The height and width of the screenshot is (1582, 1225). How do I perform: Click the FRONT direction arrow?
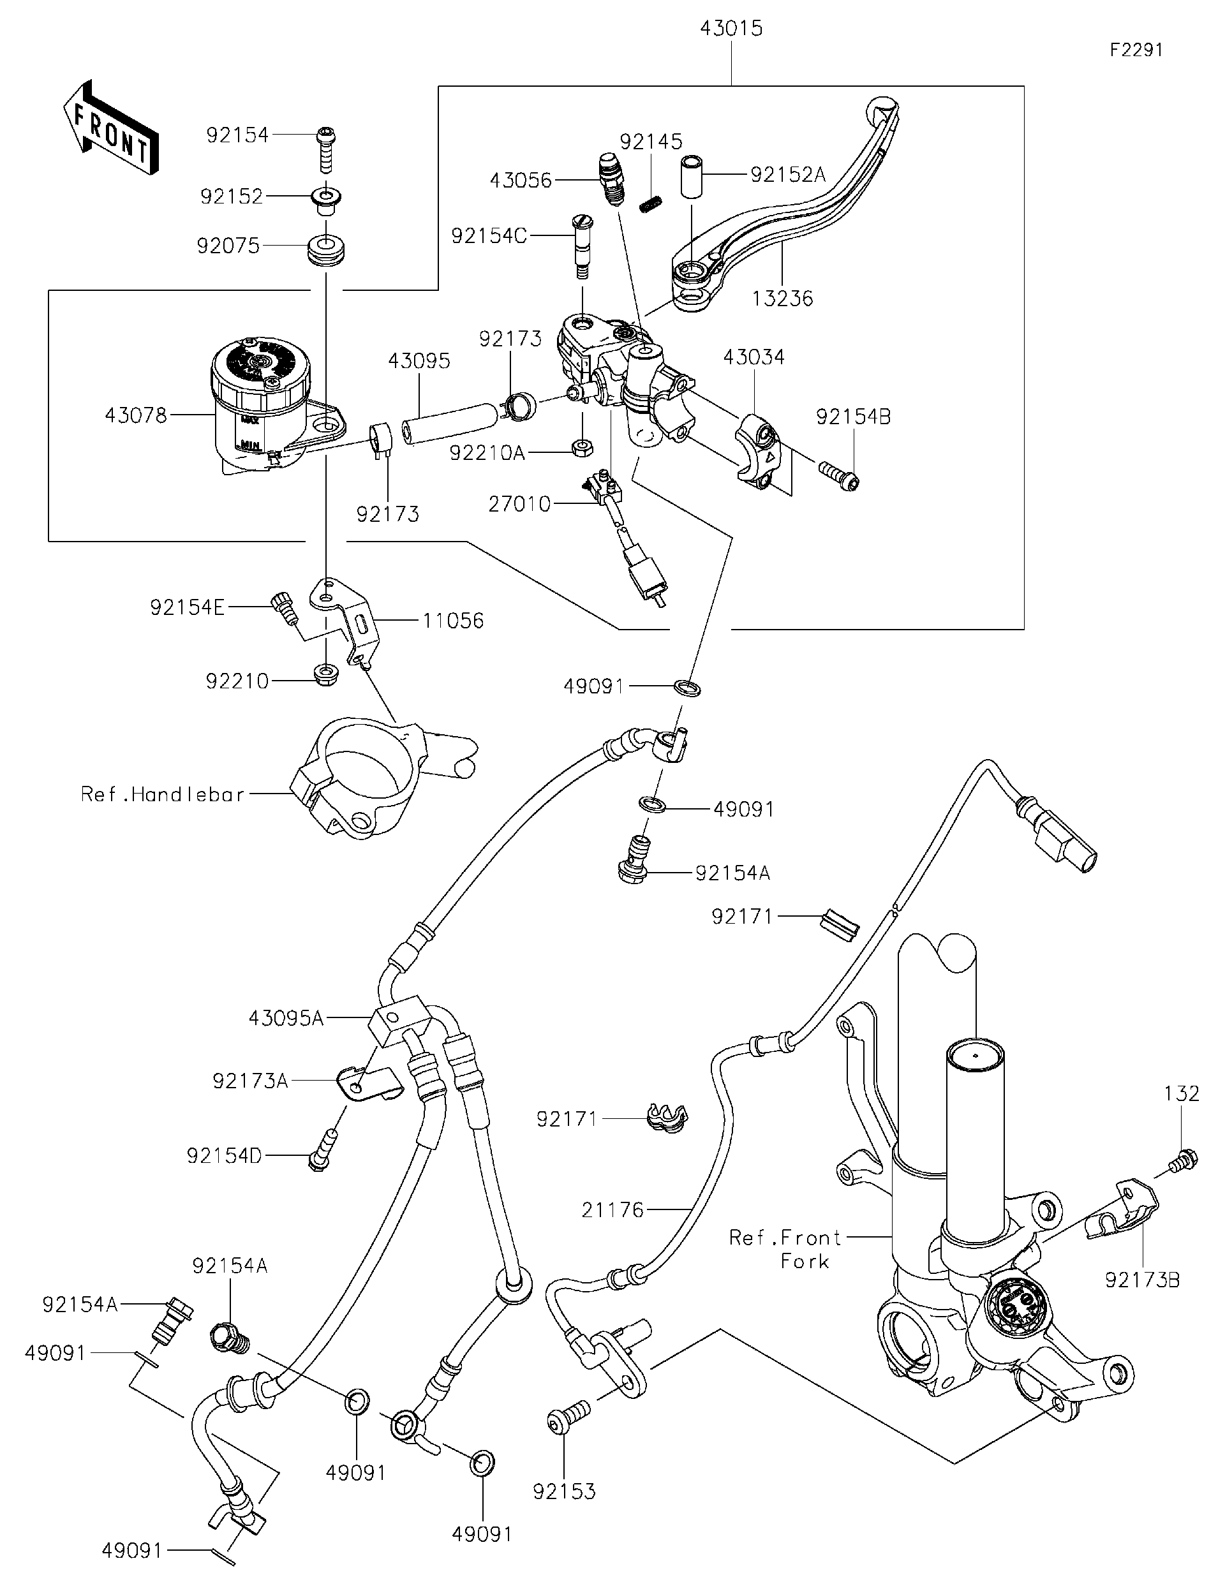tap(110, 128)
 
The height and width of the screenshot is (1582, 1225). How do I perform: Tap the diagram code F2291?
tap(1136, 50)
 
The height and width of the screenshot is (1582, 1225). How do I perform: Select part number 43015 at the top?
tap(731, 29)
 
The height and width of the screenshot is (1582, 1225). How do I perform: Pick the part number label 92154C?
tap(489, 235)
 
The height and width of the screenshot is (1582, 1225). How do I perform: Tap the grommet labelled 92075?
tap(325, 250)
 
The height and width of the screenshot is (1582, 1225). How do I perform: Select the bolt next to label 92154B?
tap(838, 475)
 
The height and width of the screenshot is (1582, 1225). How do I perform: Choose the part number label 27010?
tap(519, 504)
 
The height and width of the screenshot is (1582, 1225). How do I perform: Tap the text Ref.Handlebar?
tap(163, 795)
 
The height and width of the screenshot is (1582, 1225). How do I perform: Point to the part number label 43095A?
tap(286, 1019)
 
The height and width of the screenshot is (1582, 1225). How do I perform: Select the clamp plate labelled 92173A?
tap(369, 1085)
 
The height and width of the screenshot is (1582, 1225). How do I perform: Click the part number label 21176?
tap(612, 1209)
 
